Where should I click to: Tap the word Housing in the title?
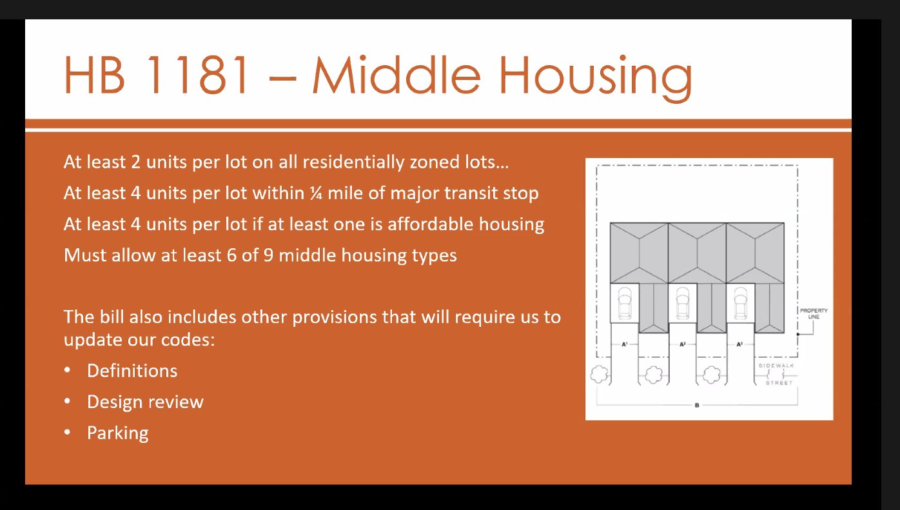click(x=596, y=77)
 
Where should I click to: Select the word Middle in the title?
click(x=396, y=75)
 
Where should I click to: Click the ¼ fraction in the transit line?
click(x=316, y=193)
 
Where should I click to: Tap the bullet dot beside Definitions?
click(x=68, y=370)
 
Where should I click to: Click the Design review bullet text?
click(x=145, y=402)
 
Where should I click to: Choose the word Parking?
click(x=118, y=433)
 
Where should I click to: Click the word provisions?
click(x=334, y=317)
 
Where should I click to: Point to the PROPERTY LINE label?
click(x=814, y=313)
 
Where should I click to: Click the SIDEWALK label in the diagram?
click(x=776, y=366)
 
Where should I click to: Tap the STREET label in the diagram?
click(x=779, y=383)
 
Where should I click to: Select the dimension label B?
click(x=697, y=406)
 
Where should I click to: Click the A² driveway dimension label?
click(x=683, y=344)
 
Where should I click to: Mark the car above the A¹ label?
click(x=624, y=302)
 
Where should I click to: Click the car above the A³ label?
click(x=741, y=302)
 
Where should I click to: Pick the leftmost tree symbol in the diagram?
click(x=600, y=374)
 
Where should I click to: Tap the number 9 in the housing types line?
click(x=268, y=255)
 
